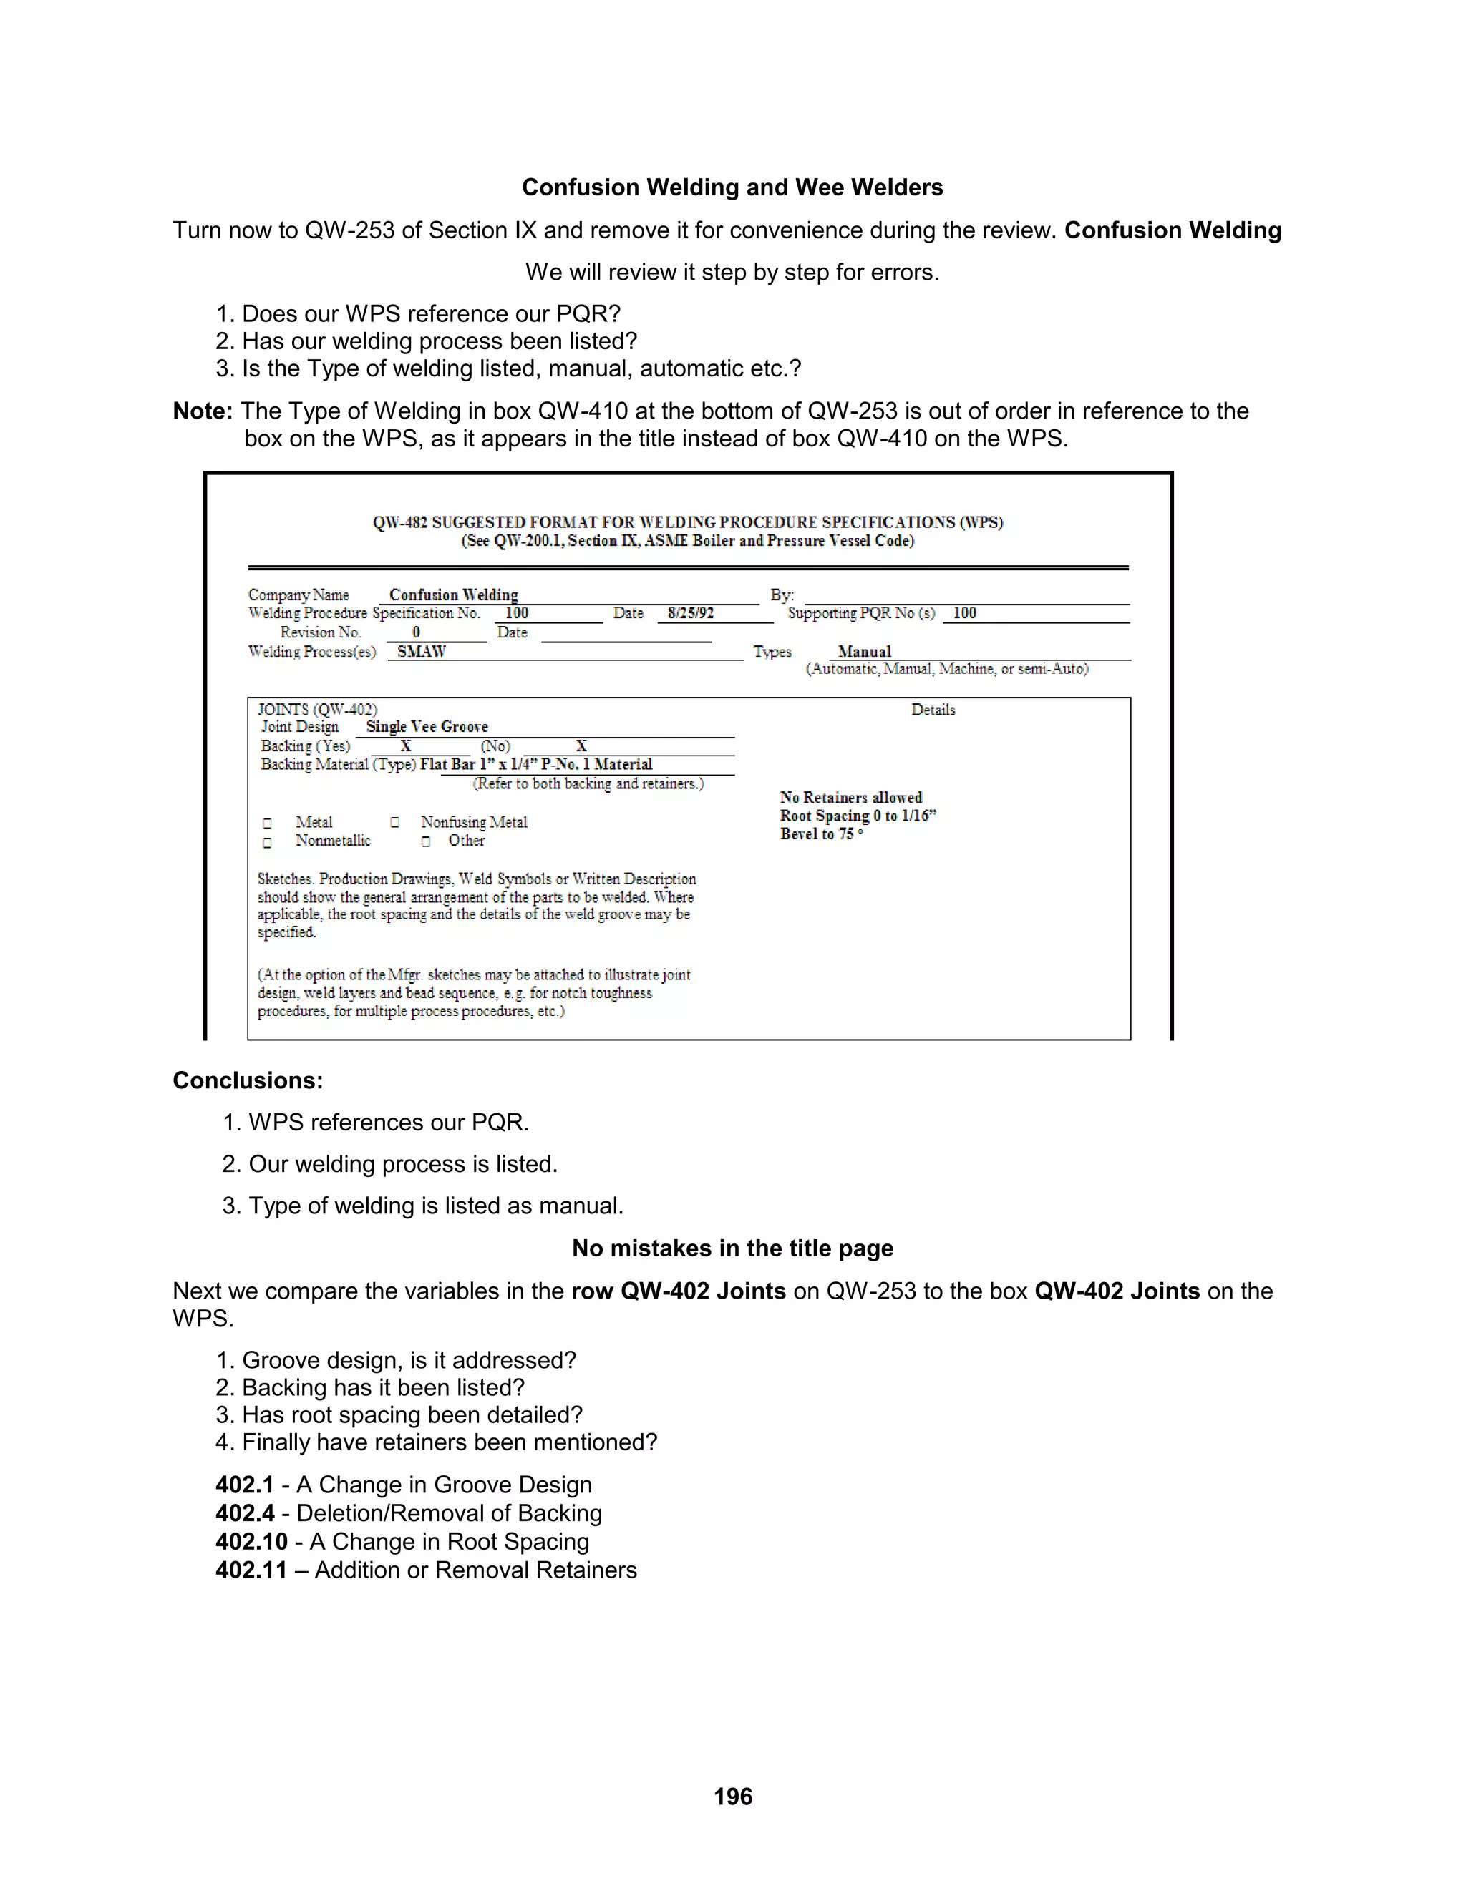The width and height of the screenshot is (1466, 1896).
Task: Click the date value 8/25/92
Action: click(691, 614)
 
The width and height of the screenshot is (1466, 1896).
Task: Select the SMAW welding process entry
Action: click(421, 652)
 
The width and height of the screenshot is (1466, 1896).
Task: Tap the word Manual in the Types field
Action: click(864, 652)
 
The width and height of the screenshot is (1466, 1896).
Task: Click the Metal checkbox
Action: click(268, 823)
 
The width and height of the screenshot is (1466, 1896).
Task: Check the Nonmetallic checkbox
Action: click(268, 842)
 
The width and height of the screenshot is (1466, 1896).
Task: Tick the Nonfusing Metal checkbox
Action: click(395, 822)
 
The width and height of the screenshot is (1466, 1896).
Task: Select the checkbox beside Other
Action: click(426, 841)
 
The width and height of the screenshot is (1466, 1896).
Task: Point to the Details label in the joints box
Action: click(933, 710)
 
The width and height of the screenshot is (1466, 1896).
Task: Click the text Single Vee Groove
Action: click(427, 727)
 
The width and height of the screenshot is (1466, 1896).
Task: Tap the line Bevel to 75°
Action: click(821, 834)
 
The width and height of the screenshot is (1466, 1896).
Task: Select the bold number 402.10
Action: click(251, 1542)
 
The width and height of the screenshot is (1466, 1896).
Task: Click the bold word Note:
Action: click(203, 411)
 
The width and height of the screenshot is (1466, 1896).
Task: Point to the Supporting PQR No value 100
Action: click(964, 614)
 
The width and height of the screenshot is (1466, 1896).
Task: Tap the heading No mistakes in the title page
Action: click(732, 1248)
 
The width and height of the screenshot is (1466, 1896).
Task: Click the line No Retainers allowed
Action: click(850, 798)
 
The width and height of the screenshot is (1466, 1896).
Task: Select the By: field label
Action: click(781, 595)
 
